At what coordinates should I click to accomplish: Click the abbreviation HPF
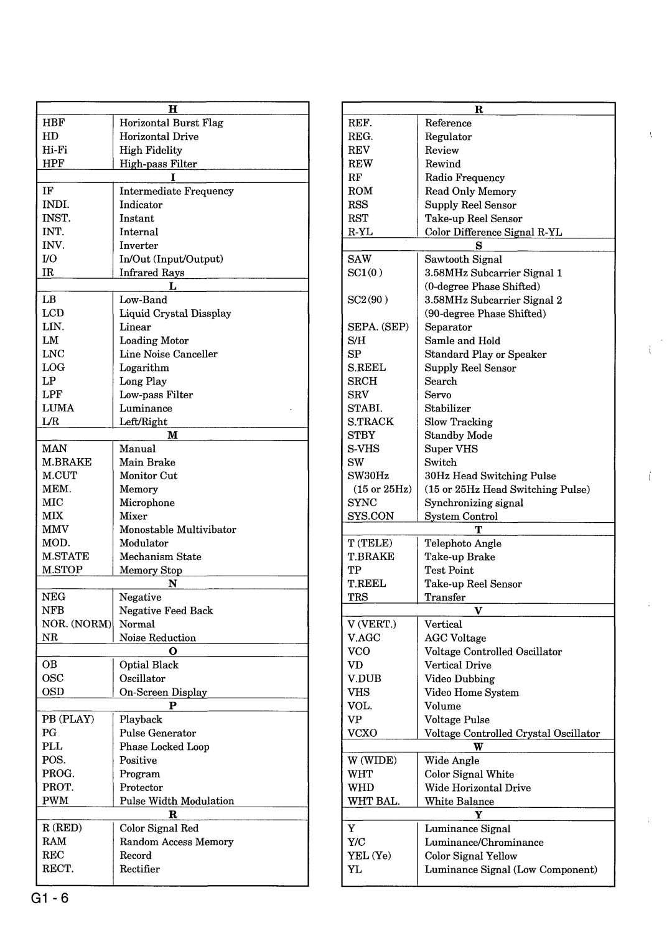tap(54, 164)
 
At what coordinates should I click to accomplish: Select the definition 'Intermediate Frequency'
tap(176, 191)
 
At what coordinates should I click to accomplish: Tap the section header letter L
tap(173, 286)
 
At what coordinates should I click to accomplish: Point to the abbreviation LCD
tap(54, 313)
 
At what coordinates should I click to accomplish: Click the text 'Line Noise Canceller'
tap(168, 354)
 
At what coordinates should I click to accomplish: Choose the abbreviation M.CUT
tap(60, 475)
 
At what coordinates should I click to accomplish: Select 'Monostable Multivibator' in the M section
tap(177, 530)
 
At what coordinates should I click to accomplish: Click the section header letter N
tap(173, 583)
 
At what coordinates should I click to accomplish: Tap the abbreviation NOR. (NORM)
tap(77, 624)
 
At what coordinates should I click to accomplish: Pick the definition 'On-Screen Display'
tap(163, 692)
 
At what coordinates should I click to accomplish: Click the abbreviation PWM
tap(55, 801)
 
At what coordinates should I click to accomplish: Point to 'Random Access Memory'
tap(176, 842)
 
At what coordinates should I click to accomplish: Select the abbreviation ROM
tap(360, 191)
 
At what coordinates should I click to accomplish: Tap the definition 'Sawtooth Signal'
tap(463, 260)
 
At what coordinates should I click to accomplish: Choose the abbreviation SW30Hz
tap(368, 476)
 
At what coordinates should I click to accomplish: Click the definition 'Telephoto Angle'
tap(462, 543)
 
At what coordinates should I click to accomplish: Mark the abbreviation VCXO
tap(362, 733)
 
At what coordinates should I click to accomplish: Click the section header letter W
tap(478, 747)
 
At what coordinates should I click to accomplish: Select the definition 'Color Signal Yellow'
tap(470, 856)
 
